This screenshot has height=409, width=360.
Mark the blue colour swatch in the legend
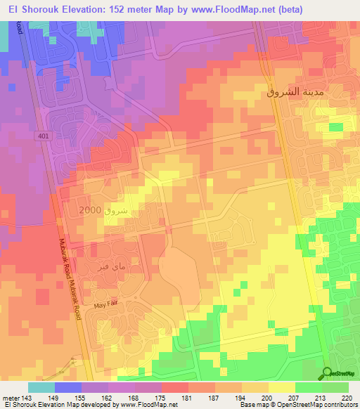coord(67,387)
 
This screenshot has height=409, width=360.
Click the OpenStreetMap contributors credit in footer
coord(318,405)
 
